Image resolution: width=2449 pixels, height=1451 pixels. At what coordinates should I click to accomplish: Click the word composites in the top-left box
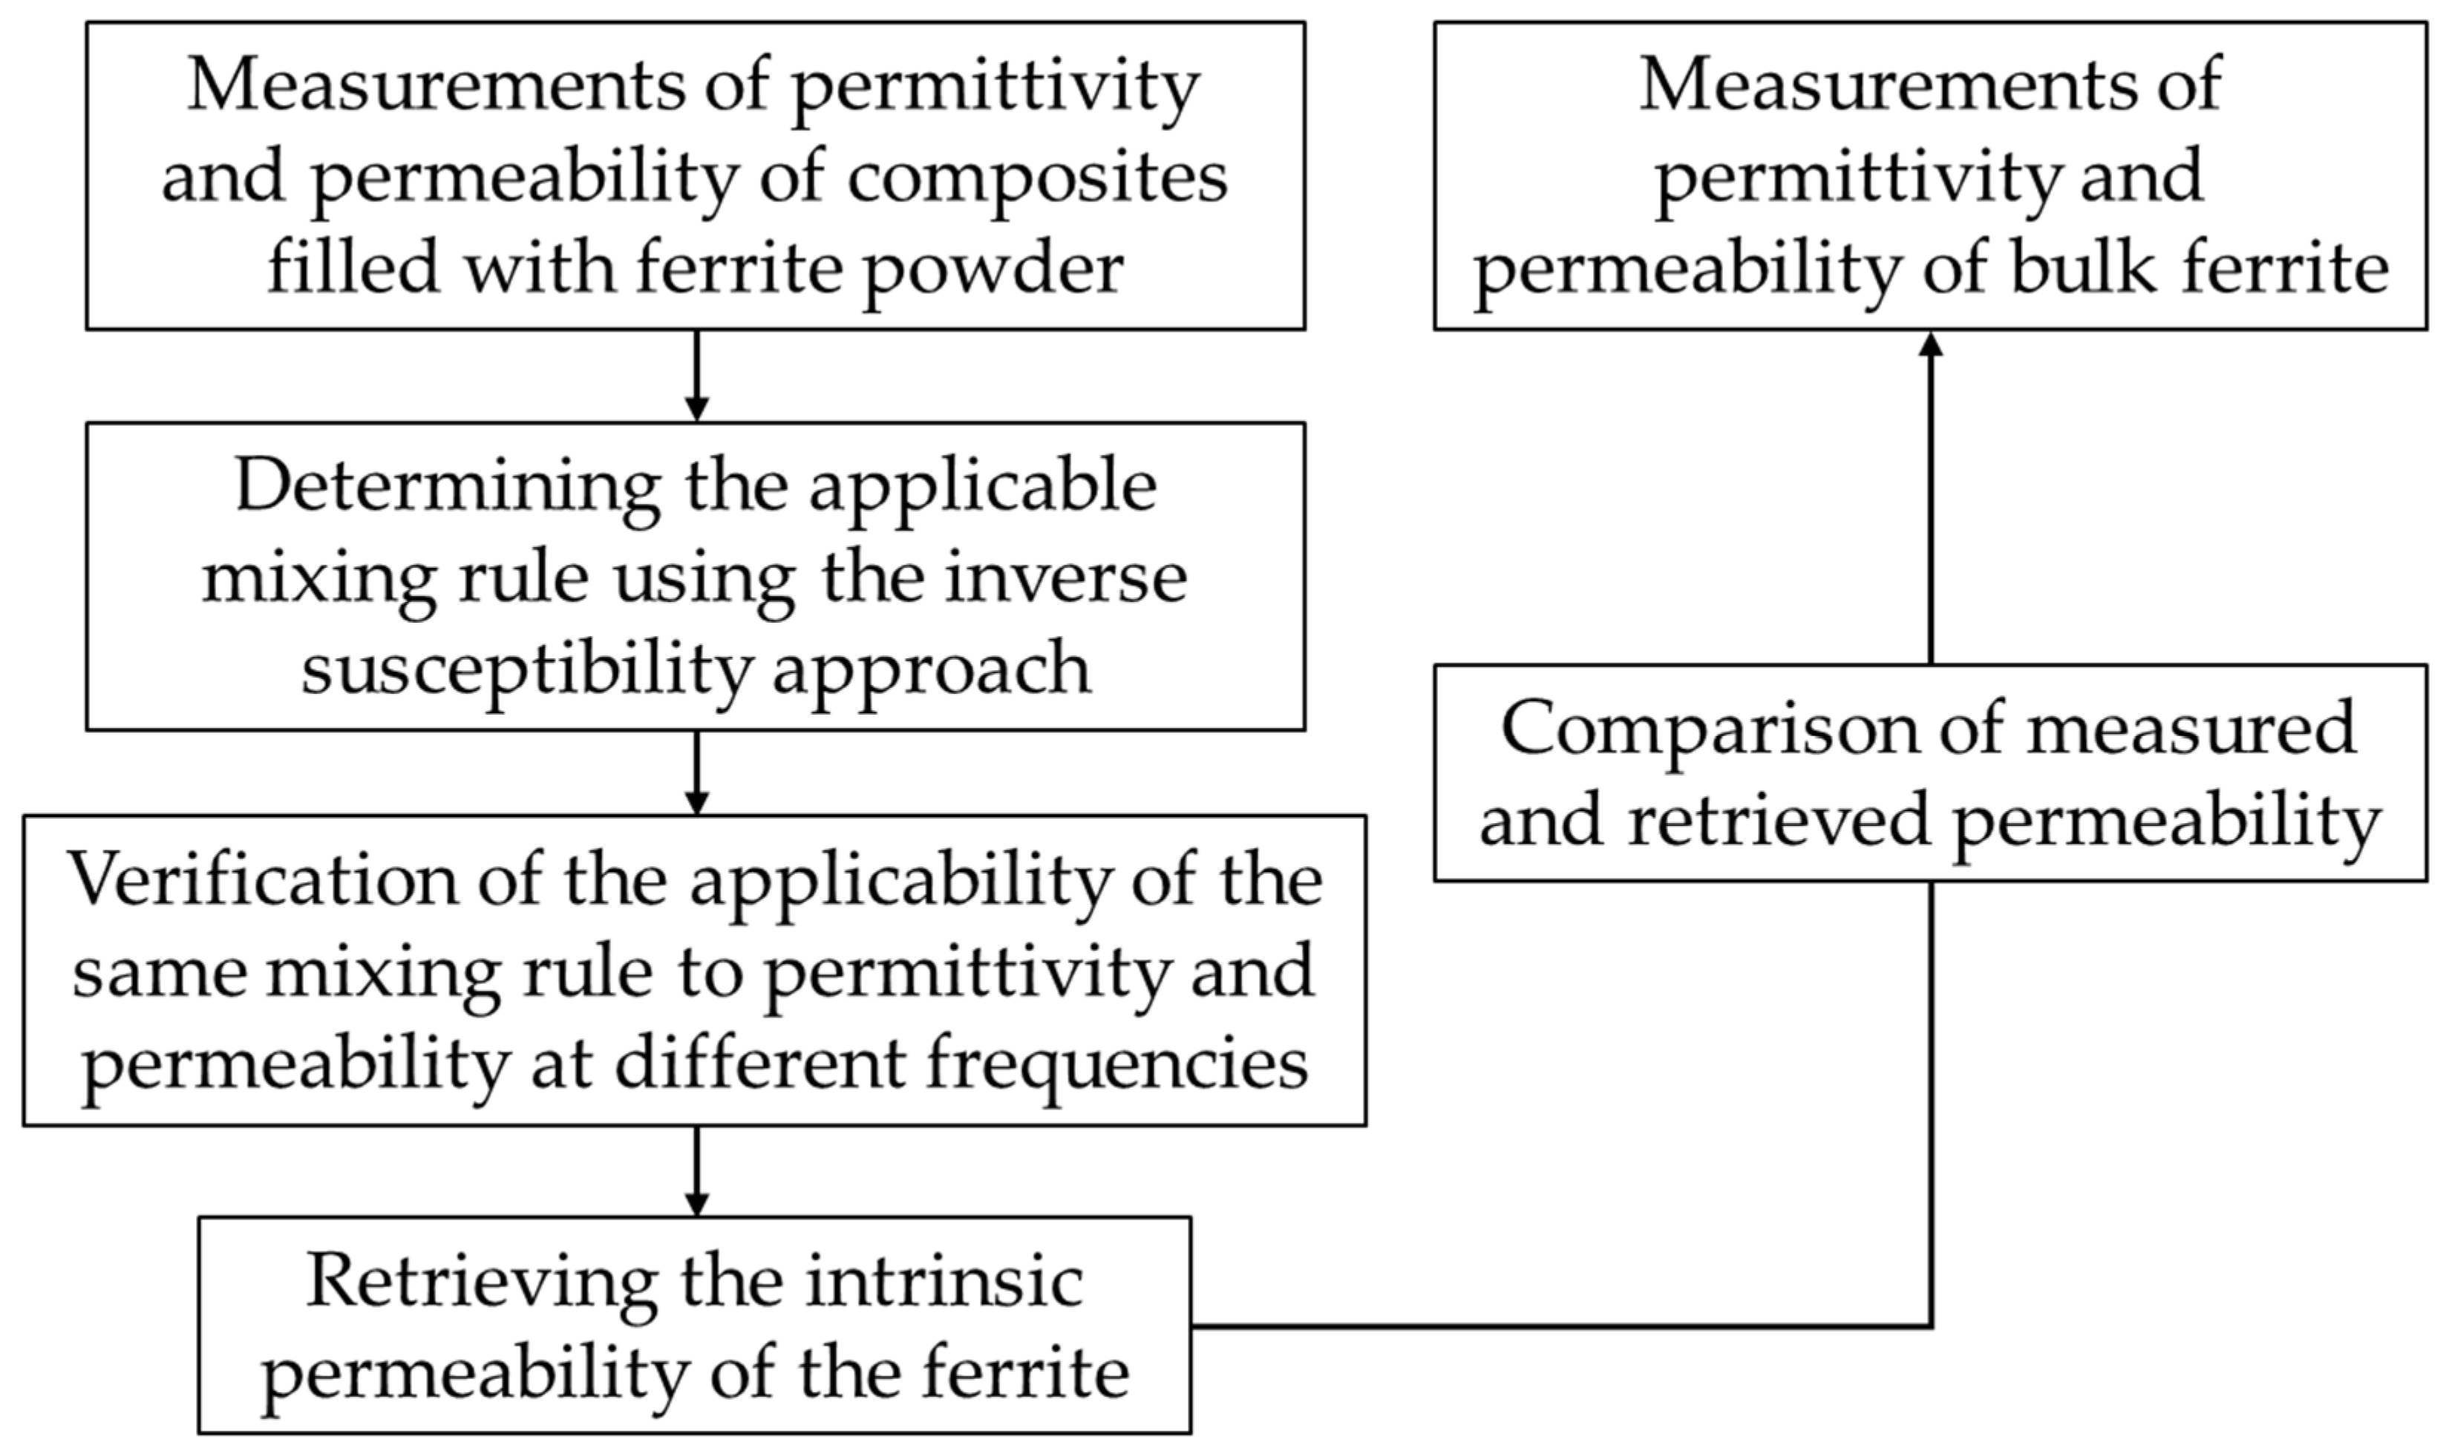pos(1036,178)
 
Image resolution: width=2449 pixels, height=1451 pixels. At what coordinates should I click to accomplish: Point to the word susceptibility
pos(526,671)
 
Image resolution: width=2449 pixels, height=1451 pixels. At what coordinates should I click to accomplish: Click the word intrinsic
pos(944,1281)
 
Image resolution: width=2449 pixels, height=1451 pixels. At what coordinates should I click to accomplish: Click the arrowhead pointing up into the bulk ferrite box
pos(1930,344)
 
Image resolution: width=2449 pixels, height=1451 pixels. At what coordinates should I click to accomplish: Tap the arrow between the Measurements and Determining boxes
pos(696,376)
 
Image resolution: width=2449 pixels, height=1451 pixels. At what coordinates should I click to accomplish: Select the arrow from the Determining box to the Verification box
pos(696,773)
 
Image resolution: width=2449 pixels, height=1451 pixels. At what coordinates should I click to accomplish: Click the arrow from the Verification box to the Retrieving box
pos(696,1171)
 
